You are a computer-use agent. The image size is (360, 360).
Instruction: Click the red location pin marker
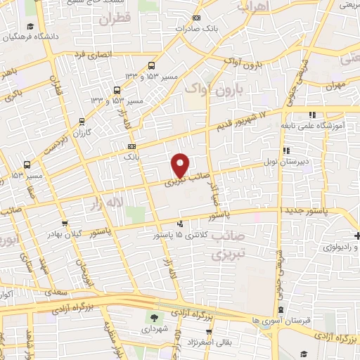(181, 165)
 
